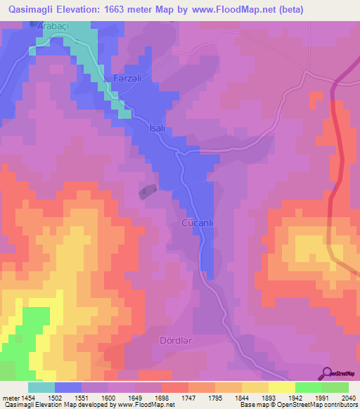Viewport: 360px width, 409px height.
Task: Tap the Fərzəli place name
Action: click(129, 78)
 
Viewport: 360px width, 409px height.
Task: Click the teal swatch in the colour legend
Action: click(41, 387)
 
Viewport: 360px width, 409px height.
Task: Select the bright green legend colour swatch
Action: click(308, 387)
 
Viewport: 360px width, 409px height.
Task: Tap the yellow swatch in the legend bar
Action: click(281, 387)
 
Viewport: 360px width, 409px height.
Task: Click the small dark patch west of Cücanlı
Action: click(147, 190)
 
